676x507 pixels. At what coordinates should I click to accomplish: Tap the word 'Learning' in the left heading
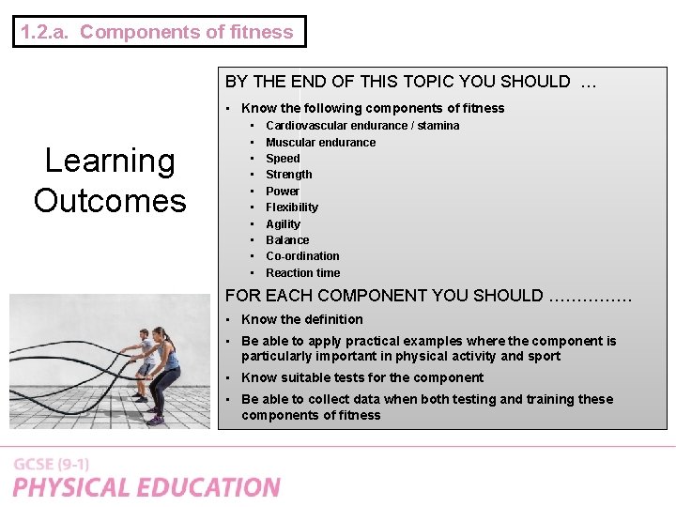click(x=110, y=161)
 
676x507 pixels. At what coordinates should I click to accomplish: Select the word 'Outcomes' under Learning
click(x=110, y=200)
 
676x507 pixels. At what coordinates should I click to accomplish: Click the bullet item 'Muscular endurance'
click(x=320, y=142)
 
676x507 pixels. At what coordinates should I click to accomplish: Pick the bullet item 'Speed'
click(x=283, y=159)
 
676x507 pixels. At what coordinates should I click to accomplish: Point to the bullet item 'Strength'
click(x=288, y=175)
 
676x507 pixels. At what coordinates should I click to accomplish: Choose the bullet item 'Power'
click(x=283, y=191)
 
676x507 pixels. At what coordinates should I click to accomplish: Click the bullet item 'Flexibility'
click(x=291, y=207)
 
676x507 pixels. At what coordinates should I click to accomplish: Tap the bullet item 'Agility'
click(x=283, y=223)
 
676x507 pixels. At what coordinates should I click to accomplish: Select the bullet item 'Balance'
click(x=287, y=240)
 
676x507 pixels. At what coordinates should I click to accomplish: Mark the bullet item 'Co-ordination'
click(x=302, y=256)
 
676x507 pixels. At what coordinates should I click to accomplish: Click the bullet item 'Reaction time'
click(x=302, y=273)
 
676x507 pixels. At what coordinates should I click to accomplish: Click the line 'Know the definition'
click(x=301, y=319)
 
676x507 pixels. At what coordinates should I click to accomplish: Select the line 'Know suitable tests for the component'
click(x=361, y=377)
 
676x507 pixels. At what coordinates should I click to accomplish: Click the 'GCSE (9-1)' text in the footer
click(x=52, y=465)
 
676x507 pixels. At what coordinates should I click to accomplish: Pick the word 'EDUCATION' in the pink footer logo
click(x=212, y=488)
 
